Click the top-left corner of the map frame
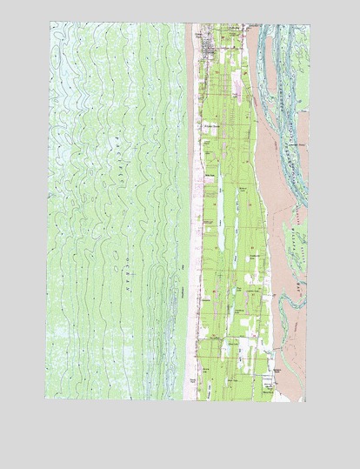click(x=48, y=23)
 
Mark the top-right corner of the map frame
click(x=306, y=23)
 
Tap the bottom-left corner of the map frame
click(x=48, y=401)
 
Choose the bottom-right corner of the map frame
click(x=306, y=401)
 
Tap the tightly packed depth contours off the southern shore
click(x=165, y=348)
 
